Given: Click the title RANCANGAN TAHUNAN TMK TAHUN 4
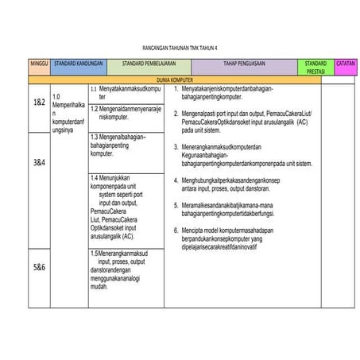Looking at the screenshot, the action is click(180, 47).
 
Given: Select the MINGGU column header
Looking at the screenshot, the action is click(39, 63).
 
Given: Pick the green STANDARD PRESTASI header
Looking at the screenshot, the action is click(315, 67).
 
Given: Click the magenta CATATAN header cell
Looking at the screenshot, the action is click(346, 63).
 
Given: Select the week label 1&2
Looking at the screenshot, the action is click(39, 103).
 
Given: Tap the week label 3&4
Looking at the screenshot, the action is click(39, 162).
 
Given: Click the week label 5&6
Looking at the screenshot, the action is click(39, 267).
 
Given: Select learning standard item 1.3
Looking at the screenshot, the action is click(126, 144).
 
